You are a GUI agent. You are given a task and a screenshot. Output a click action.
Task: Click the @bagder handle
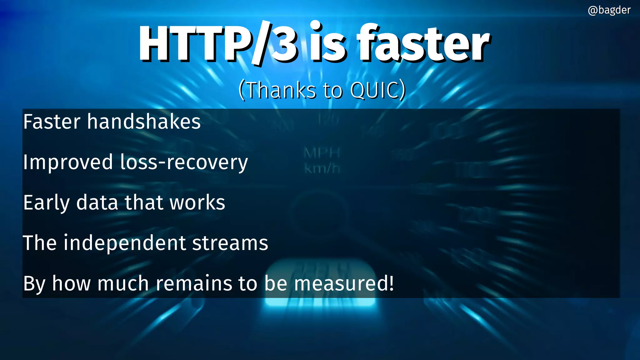pos(609,10)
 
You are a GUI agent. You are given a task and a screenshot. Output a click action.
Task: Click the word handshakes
pos(144,122)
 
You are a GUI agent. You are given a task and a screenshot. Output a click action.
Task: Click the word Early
pos(47,203)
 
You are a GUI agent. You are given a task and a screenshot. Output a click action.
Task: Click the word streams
pos(230,243)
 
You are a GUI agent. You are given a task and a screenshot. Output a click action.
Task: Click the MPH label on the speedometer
pos(322,153)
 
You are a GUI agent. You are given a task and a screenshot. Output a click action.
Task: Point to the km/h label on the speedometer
pos(322,169)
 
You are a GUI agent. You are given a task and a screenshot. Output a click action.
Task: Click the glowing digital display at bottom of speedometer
pos(320,281)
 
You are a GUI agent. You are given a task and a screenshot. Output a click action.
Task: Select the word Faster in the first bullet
pos(52,122)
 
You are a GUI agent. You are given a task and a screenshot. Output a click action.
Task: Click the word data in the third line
pos(97,203)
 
